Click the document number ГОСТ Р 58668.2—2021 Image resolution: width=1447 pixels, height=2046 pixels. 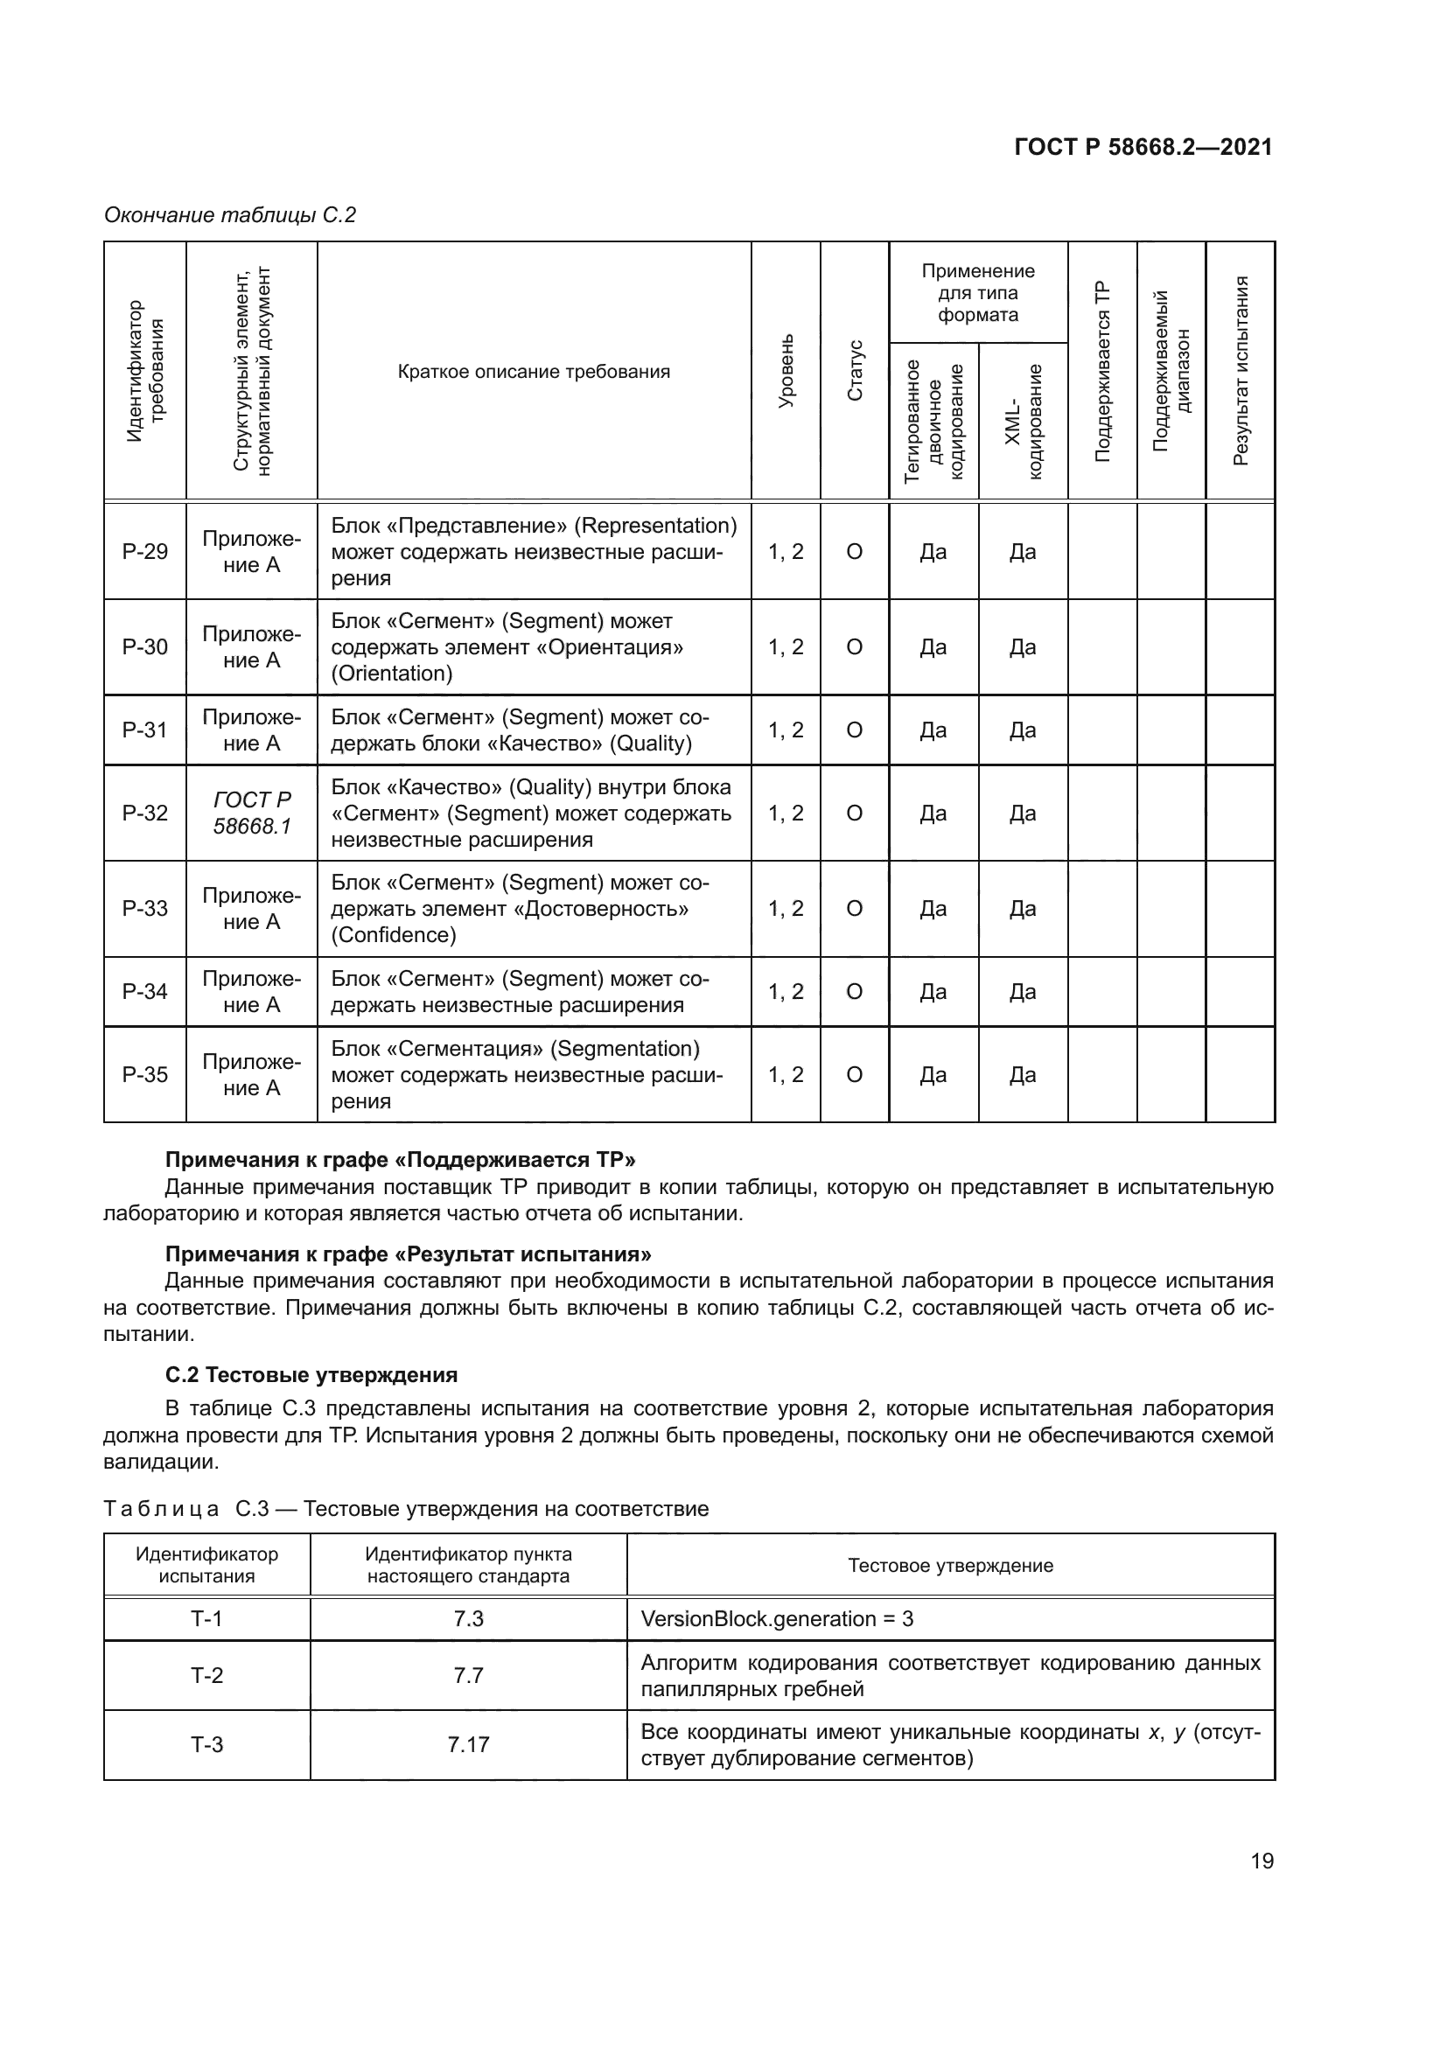pos(1143,147)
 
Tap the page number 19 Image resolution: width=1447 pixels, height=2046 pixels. pos(1262,1861)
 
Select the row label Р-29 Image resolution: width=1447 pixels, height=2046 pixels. pos(144,552)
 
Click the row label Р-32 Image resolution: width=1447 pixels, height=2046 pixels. pos(144,813)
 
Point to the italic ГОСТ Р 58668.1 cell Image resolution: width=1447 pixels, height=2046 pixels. pos(251,813)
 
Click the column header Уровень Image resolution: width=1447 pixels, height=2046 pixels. pos(786,371)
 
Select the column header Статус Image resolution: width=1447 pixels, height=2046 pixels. pos(855,371)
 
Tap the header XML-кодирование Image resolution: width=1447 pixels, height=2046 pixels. pos(1023,421)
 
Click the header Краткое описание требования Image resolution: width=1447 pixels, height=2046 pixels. pos(534,372)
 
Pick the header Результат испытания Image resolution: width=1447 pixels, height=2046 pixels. pos(1241,371)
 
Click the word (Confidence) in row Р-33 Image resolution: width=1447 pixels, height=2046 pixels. pos(394,935)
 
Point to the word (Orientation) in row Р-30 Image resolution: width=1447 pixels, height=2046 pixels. pos(392,673)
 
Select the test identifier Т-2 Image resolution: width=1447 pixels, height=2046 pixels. pos(206,1675)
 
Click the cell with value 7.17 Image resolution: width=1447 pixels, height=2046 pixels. pos(468,1744)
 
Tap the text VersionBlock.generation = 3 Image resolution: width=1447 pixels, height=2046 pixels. pos(777,1618)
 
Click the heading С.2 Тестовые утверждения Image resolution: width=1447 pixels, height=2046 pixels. pos(311,1374)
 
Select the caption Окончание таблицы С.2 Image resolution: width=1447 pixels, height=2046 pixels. pos(230,215)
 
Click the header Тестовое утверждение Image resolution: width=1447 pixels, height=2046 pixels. pos(950,1565)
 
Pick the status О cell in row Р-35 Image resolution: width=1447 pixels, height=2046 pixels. pos(854,1075)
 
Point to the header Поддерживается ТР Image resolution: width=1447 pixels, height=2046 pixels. pos(1102,371)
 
